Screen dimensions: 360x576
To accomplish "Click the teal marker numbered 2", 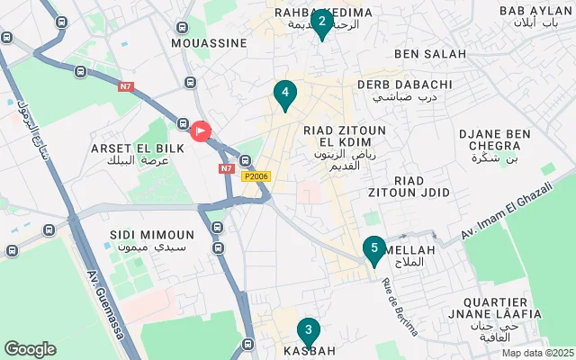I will click(321, 21).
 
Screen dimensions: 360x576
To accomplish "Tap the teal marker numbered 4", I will click(284, 93).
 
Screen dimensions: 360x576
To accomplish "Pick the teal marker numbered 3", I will click(309, 331).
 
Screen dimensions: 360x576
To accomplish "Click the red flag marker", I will click(200, 130).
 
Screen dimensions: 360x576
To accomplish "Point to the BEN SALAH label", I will click(430, 54).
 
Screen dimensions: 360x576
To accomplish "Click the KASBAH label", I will click(310, 350).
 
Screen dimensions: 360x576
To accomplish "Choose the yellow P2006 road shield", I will click(256, 177).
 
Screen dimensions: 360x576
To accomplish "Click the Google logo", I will click(30, 348).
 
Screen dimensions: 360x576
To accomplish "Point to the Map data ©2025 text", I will click(537, 353).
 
